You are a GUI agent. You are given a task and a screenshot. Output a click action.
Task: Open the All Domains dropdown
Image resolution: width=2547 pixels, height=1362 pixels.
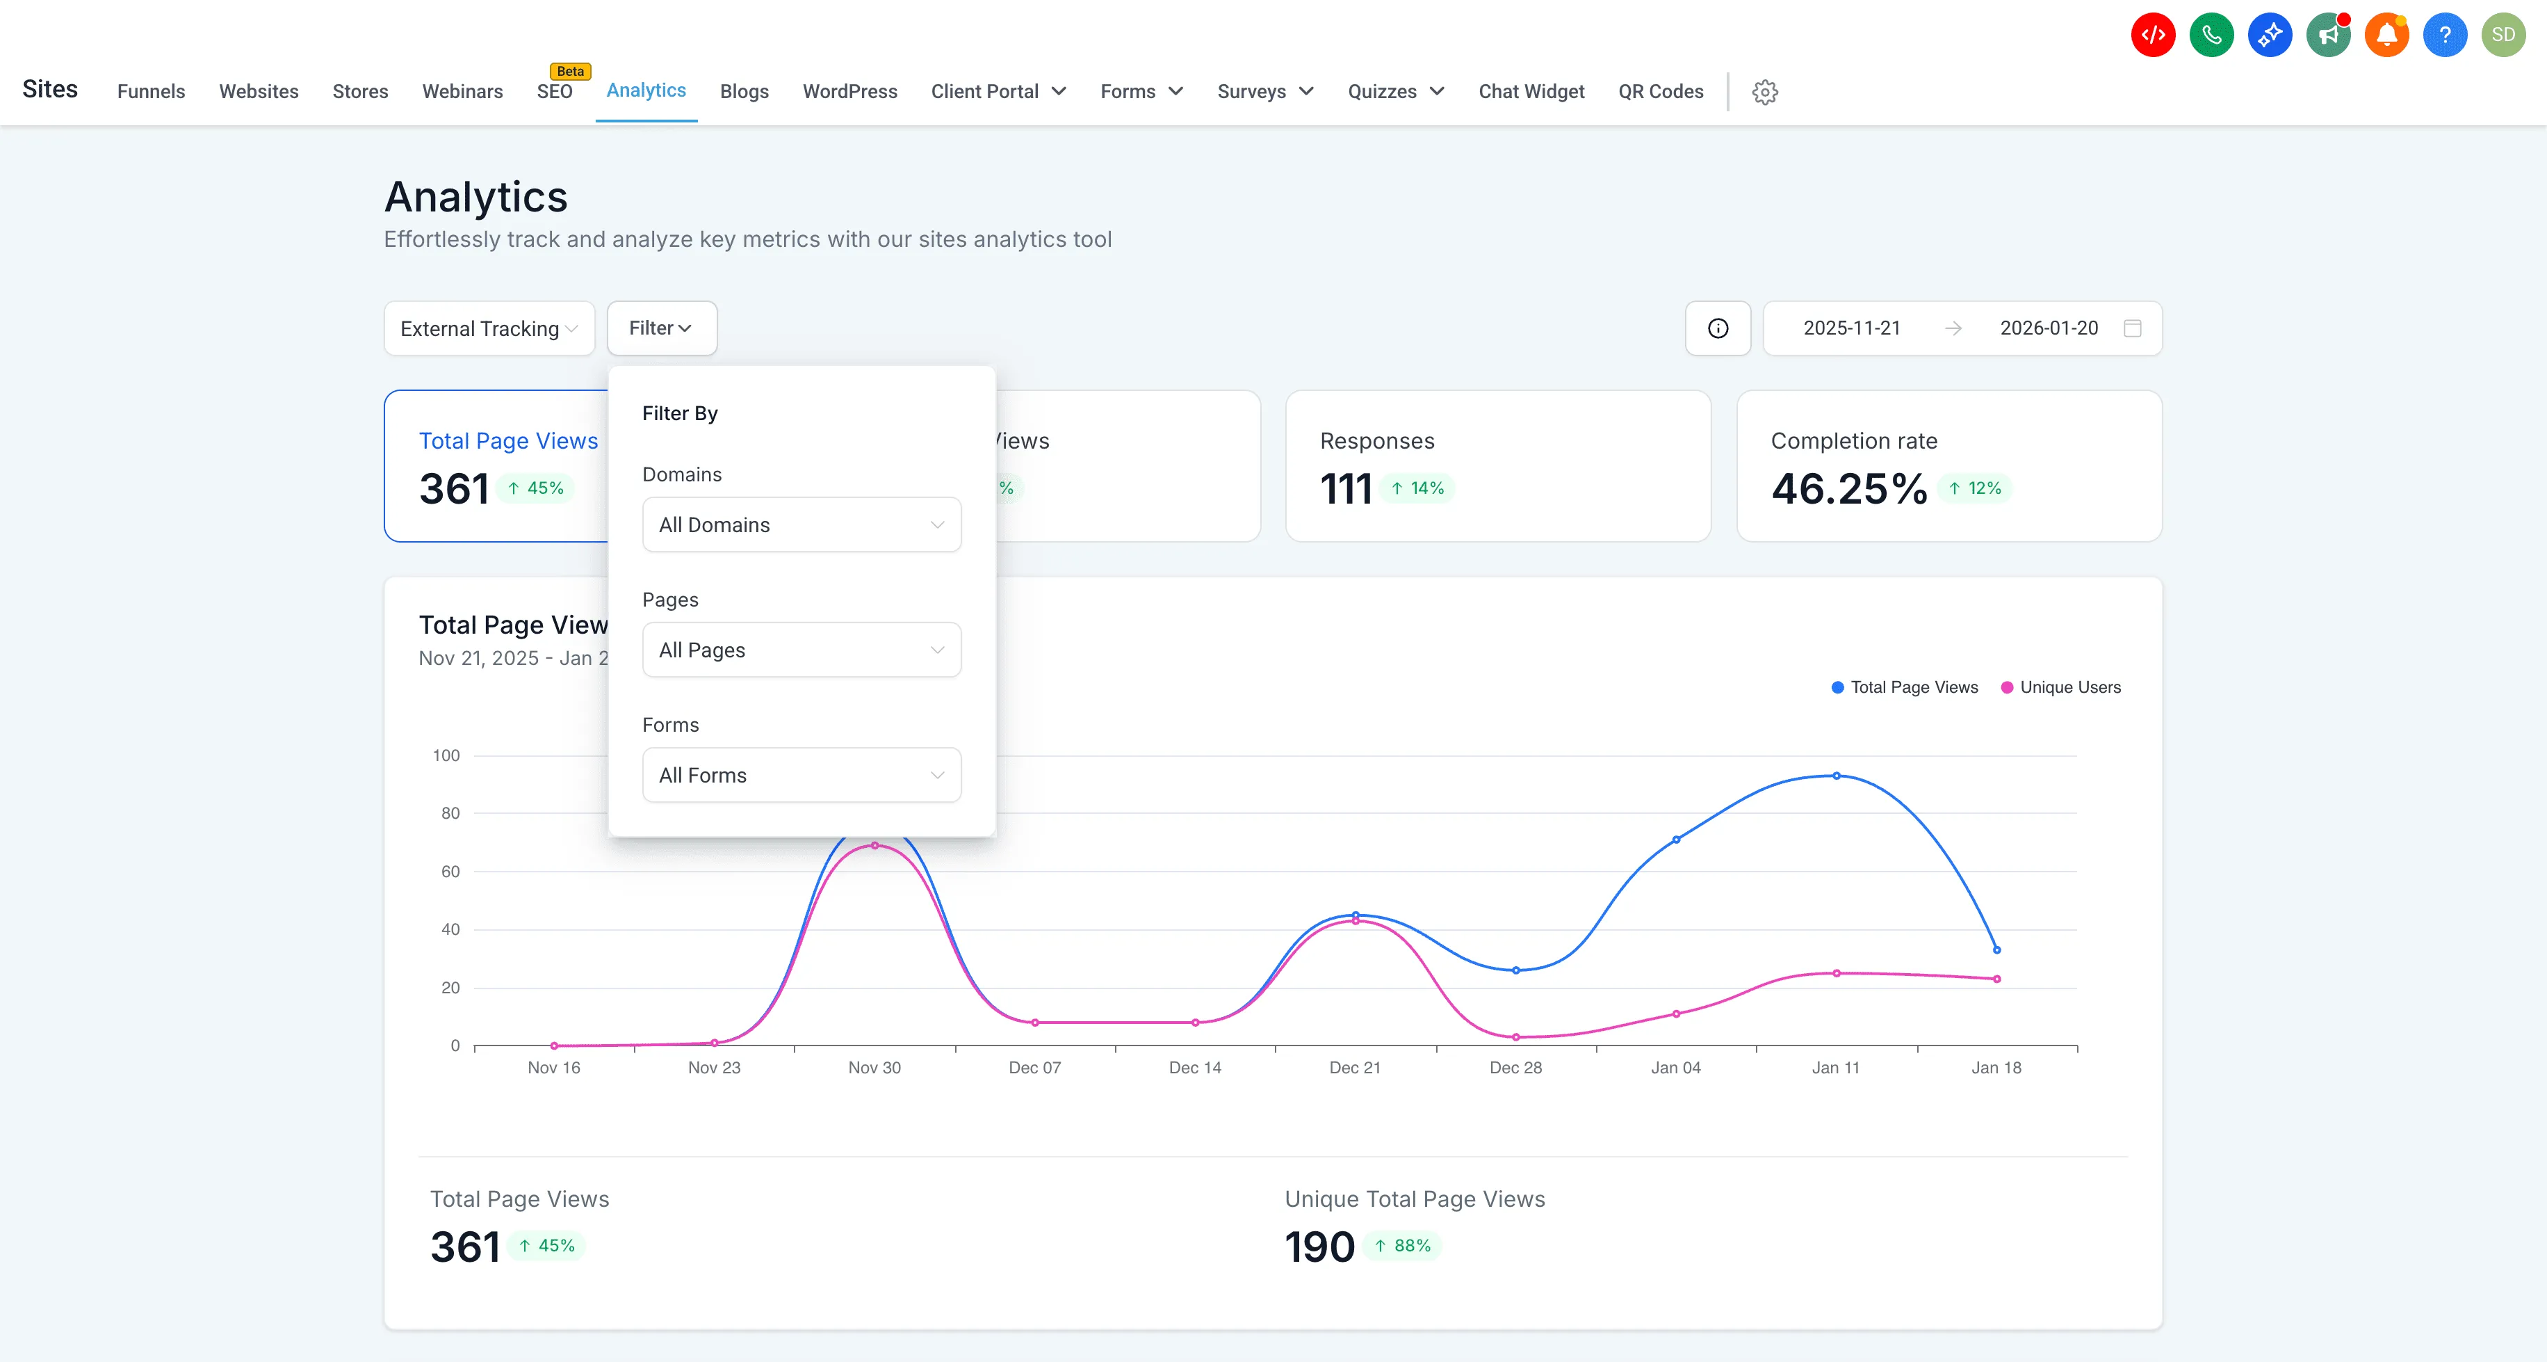point(801,524)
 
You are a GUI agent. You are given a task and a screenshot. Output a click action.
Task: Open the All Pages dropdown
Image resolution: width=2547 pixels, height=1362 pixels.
point(801,650)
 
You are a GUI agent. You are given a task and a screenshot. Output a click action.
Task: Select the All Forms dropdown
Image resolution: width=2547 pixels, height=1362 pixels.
point(801,776)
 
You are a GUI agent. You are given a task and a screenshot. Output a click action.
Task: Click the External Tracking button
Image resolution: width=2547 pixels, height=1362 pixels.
point(489,328)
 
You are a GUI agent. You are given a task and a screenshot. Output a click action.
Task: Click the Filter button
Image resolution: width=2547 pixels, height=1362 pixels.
point(660,328)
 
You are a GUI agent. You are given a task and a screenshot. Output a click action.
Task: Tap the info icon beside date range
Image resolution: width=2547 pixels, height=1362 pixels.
point(1718,328)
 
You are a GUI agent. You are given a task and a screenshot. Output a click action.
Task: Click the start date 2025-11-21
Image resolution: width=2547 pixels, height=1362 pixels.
point(1851,328)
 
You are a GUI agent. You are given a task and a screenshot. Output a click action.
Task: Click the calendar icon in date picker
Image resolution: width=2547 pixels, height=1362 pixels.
point(2133,328)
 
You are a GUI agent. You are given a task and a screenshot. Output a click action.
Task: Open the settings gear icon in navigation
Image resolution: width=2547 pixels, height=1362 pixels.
point(1765,92)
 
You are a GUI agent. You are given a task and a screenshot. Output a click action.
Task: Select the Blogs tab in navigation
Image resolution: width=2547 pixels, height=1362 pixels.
point(744,92)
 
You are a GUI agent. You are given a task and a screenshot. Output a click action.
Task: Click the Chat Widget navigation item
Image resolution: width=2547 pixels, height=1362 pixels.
point(1531,92)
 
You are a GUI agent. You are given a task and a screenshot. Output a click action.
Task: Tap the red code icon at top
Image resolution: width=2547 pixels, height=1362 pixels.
point(2152,35)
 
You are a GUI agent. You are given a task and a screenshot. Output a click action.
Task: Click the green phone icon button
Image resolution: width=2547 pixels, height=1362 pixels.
point(2211,35)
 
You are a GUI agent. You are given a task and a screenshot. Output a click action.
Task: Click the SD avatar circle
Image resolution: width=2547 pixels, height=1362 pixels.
point(2503,35)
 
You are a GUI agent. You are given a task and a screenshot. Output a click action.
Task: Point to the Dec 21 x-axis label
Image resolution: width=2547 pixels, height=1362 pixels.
point(1355,1067)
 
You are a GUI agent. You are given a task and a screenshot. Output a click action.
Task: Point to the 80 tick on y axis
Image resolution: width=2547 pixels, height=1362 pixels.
point(450,813)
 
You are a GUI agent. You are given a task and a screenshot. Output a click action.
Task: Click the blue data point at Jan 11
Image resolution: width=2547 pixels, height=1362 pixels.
point(1836,776)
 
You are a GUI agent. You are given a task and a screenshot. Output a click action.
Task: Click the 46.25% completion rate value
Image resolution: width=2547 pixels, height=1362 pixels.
point(1848,488)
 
